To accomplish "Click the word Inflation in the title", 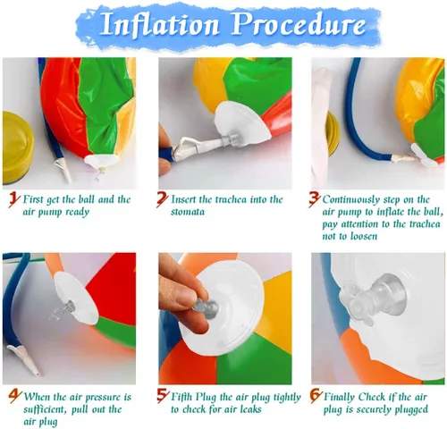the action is [160, 24].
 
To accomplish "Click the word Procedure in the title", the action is [299, 24].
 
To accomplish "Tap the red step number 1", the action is [14, 199].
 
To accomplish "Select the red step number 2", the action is [163, 199].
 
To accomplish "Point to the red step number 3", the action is [315, 199].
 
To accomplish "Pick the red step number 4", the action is [15, 397].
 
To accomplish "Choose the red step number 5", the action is [163, 396].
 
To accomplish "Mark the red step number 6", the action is [316, 396].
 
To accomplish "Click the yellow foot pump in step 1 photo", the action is [17, 148].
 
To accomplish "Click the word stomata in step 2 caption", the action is [188, 212].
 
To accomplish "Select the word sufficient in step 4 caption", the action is [46, 409].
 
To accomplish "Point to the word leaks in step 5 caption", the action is [249, 409].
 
